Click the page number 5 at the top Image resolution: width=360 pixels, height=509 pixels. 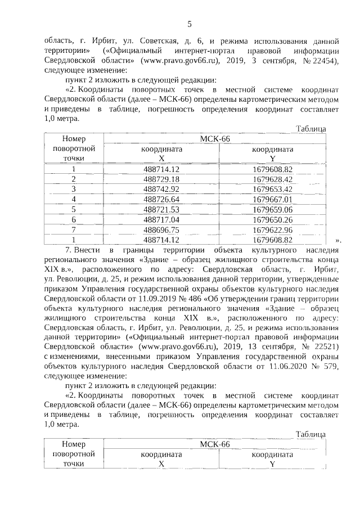[x=189, y=23]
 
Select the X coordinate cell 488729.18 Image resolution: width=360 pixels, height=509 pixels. [x=161, y=179]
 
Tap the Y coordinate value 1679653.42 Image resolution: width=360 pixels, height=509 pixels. [x=272, y=189]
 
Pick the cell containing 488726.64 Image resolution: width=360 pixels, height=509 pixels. [x=161, y=199]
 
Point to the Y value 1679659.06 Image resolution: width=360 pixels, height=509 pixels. [x=272, y=209]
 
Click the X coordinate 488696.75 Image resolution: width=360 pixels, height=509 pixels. [x=161, y=229]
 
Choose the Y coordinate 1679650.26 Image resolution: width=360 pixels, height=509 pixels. [x=272, y=219]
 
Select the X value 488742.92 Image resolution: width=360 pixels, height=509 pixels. [x=161, y=189]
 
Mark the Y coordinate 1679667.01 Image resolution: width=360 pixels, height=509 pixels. [x=272, y=199]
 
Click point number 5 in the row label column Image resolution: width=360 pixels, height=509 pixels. [x=73, y=209]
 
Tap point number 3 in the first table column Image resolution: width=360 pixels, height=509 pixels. [x=73, y=189]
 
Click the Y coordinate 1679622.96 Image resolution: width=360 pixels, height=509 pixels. [x=272, y=229]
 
